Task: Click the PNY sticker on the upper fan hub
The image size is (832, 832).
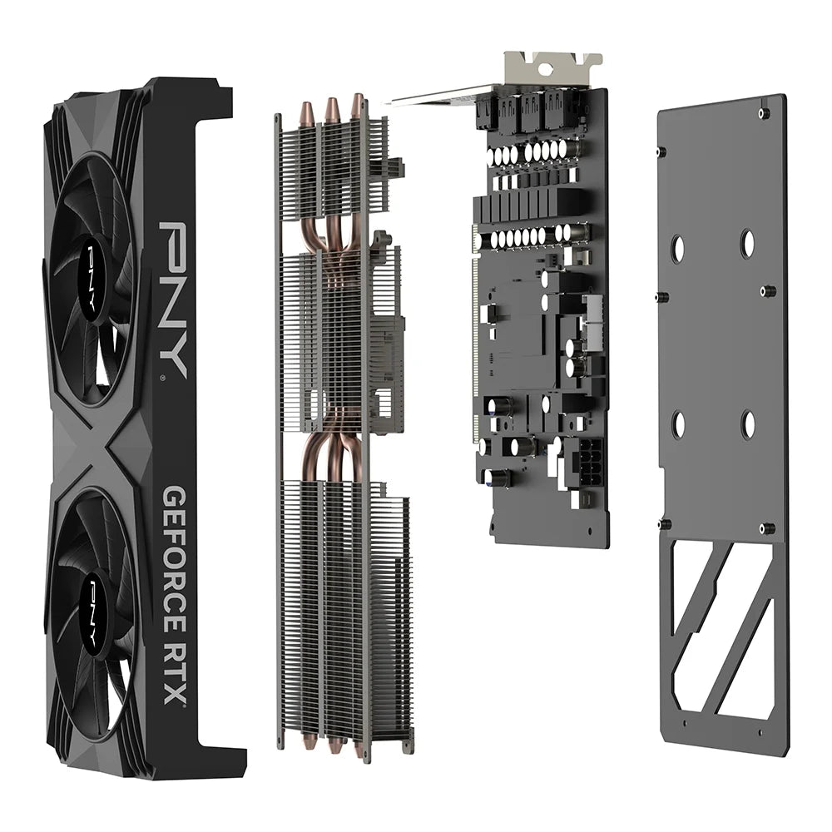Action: [x=93, y=275]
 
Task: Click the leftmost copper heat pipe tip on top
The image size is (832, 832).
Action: [x=307, y=111]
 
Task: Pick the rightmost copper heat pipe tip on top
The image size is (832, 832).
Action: [x=357, y=104]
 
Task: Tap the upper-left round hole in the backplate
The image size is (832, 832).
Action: [x=677, y=247]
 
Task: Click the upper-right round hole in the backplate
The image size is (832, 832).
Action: [x=748, y=243]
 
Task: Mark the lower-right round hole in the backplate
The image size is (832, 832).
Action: [x=748, y=425]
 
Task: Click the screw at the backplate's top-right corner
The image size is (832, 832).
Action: [x=764, y=113]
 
